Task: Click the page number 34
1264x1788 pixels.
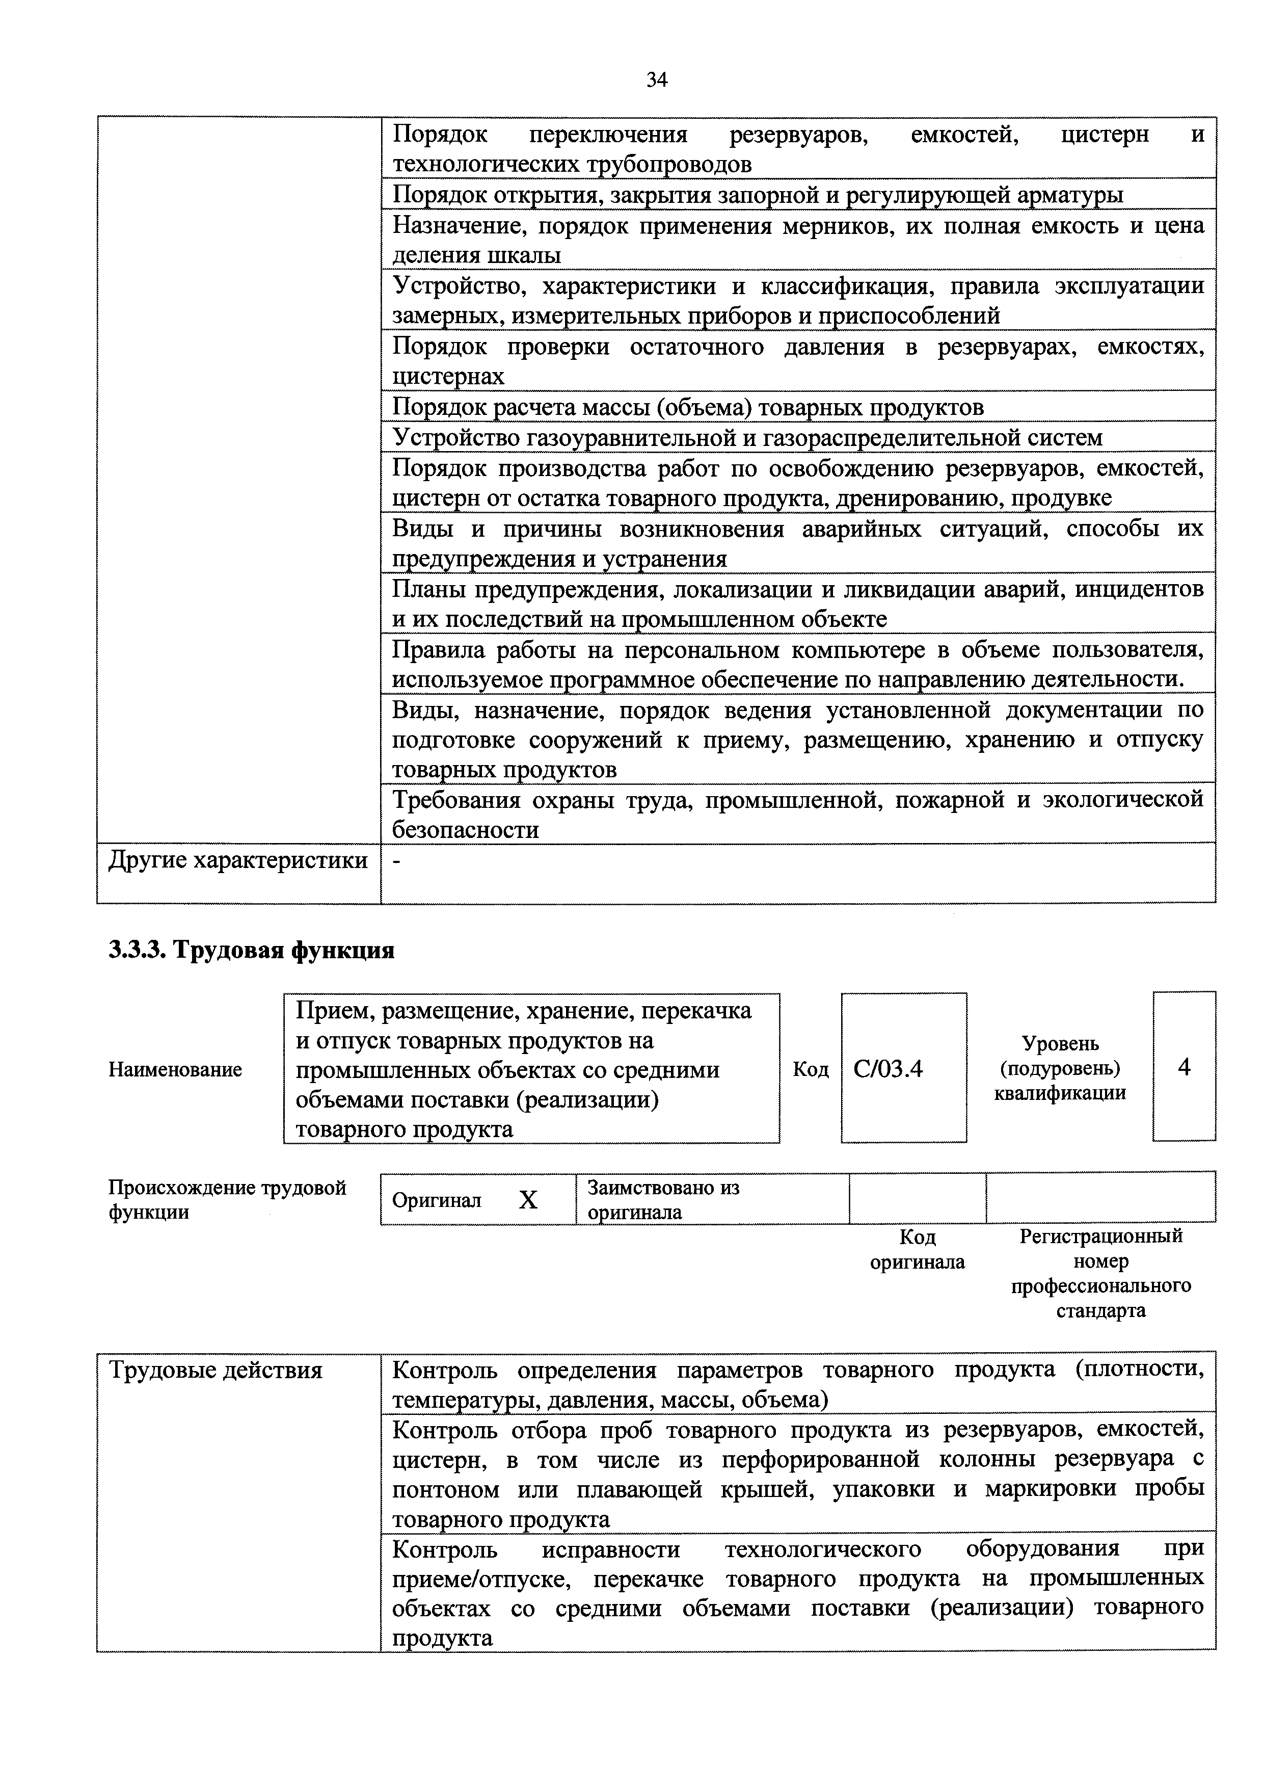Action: [656, 80]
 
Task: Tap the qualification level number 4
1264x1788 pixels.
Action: [1184, 1067]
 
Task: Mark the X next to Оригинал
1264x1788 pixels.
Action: [528, 1200]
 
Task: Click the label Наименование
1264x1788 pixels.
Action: [175, 1070]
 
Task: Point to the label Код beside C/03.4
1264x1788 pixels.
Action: [810, 1069]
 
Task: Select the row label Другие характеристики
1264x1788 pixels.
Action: [237, 860]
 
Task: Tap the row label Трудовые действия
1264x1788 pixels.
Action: [215, 1370]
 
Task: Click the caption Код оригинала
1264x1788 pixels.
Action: [917, 1249]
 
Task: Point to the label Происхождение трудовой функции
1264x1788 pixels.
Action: [227, 1199]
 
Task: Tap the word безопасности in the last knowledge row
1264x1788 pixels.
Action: [465, 830]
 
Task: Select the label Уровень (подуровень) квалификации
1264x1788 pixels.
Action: [1060, 1068]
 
